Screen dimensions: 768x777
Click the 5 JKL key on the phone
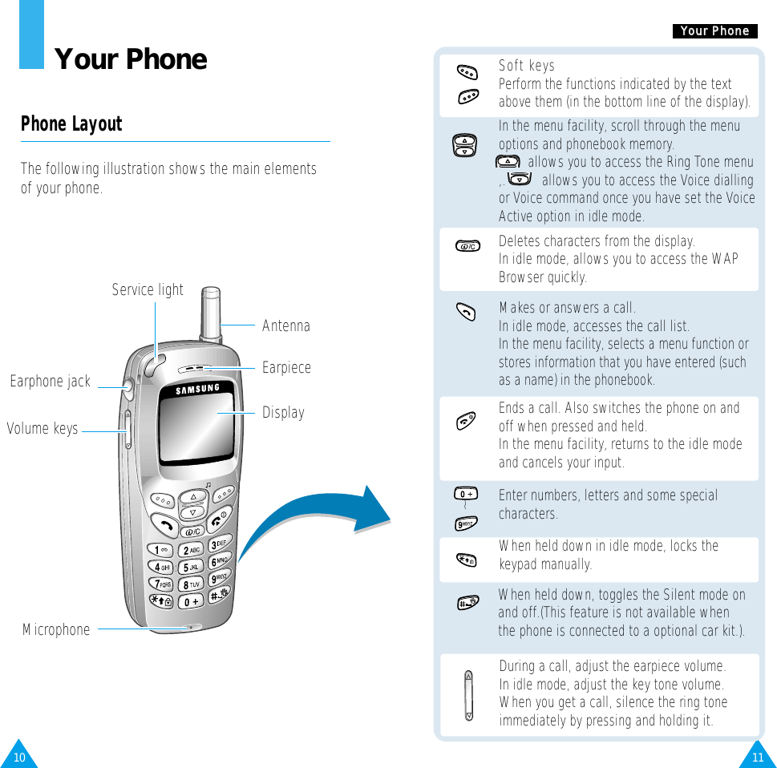click(x=190, y=568)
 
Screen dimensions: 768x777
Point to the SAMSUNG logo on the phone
click(x=187, y=390)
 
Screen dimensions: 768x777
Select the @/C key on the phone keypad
click(x=193, y=532)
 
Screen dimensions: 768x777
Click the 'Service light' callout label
click(x=148, y=290)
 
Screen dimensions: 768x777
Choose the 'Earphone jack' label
click(x=51, y=382)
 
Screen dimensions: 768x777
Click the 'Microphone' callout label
click(x=56, y=630)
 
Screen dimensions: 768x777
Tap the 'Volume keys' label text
click(x=42, y=429)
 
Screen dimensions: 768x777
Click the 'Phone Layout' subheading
click(x=71, y=124)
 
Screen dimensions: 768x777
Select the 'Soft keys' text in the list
click(x=526, y=66)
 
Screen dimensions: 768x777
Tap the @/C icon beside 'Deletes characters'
click(x=467, y=245)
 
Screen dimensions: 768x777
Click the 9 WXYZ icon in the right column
click(x=465, y=524)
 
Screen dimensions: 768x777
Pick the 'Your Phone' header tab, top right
click(x=714, y=31)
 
